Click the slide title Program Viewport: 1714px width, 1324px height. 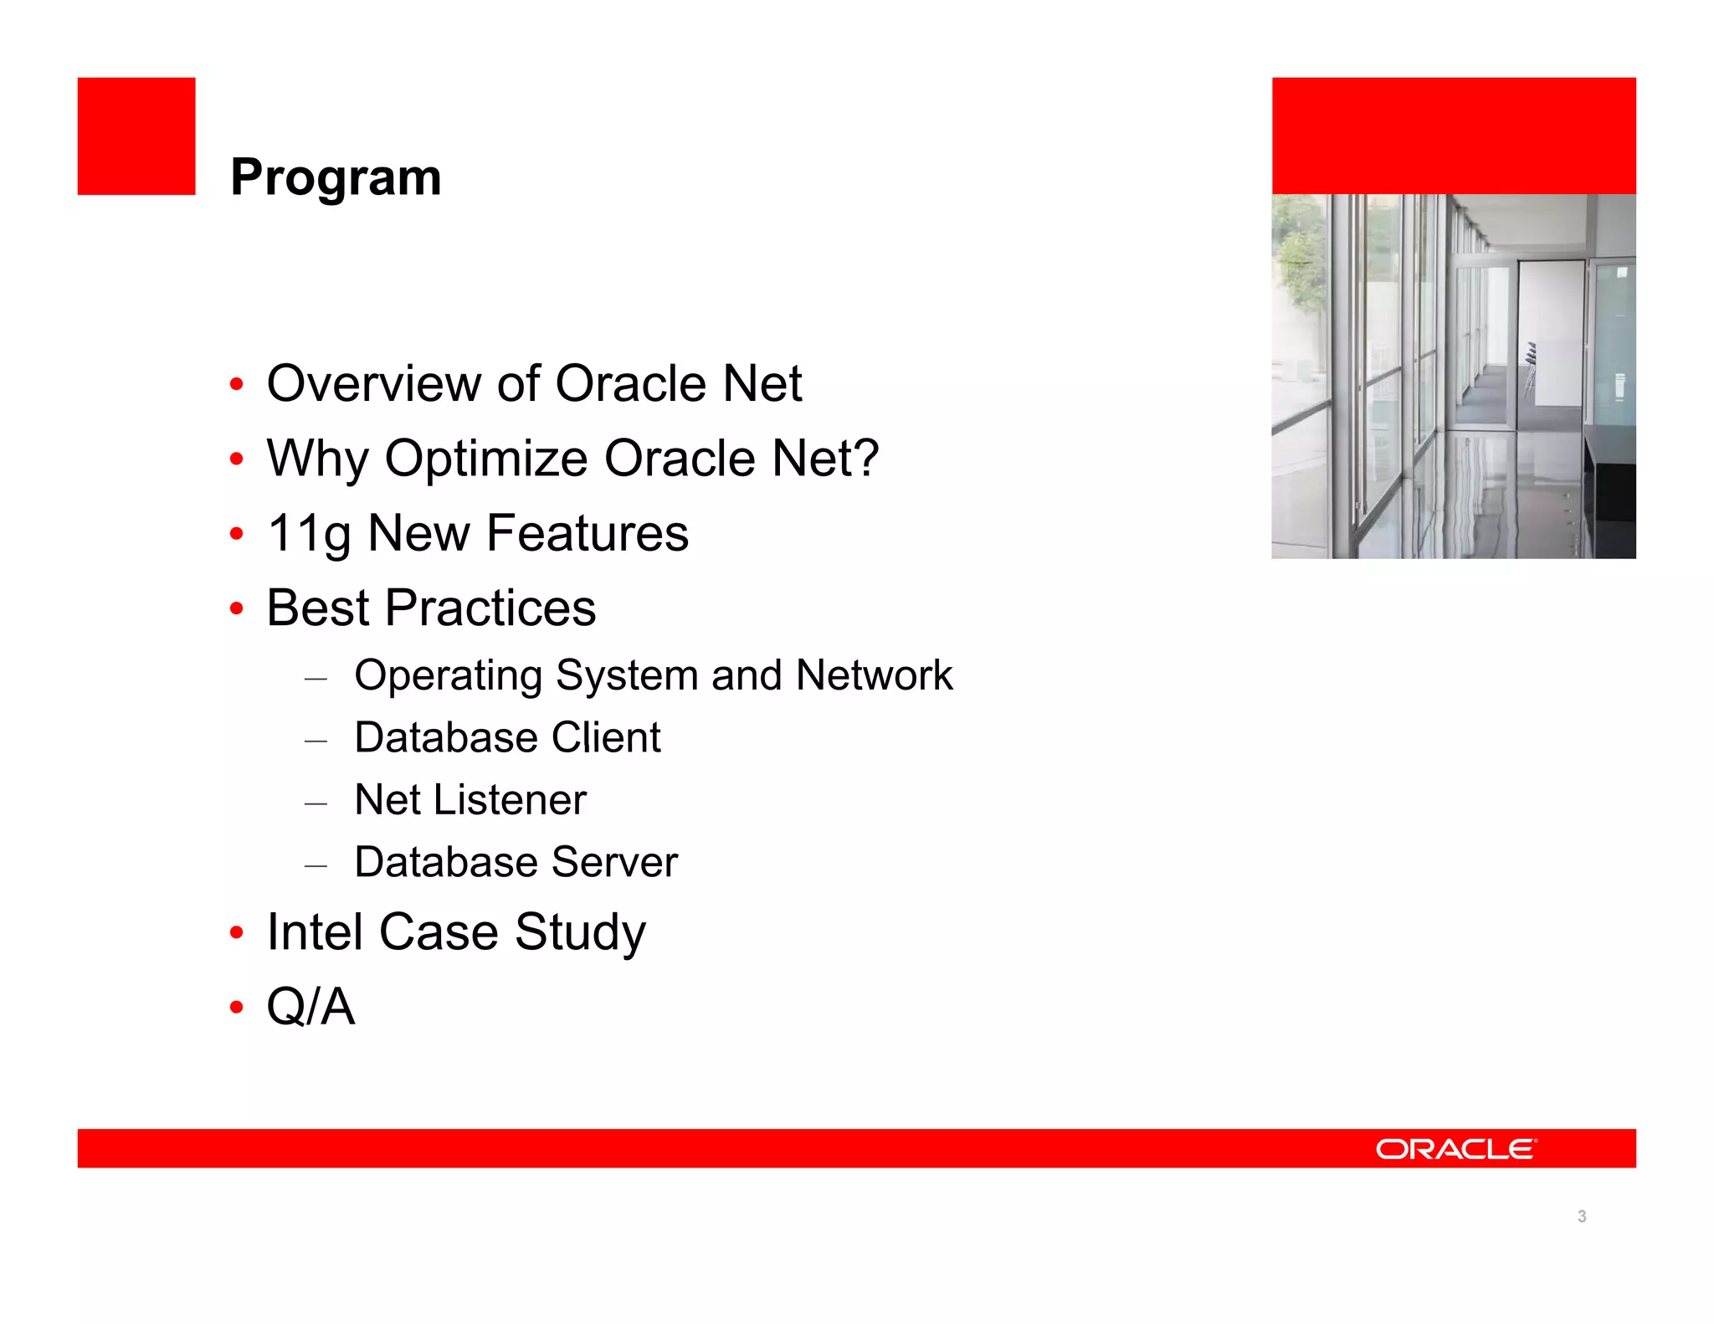[336, 177]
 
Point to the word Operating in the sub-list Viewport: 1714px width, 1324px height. [449, 676]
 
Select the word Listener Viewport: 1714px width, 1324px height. [510, 799]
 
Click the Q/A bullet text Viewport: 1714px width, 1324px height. [310, 1006]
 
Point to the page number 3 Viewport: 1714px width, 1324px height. [1582, 1216]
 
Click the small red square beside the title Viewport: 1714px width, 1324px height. [136, 136]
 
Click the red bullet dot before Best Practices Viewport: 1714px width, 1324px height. [237, 608]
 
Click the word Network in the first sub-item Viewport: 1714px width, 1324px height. [874, 675]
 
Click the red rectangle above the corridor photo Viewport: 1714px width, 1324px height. [1454, 136]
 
